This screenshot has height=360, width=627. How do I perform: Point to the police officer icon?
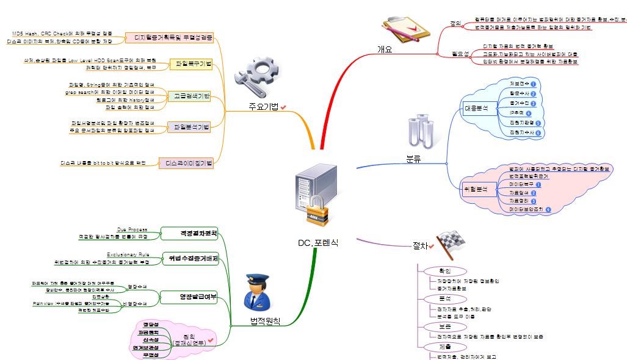point(258,292)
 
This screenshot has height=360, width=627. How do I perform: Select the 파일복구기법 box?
point(193,64)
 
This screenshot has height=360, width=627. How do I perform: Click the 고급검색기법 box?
point(192,96)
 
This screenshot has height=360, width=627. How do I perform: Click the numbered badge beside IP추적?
point(528,113)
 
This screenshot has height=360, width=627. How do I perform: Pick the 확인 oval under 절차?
point(444,270)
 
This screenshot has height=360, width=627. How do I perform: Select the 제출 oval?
point(444,346)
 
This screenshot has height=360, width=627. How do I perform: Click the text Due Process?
point(132,229)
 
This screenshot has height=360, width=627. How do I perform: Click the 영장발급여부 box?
point(189,297)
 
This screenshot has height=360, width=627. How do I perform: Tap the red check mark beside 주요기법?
point(284,107)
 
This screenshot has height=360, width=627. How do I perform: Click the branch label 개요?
point(385,49)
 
